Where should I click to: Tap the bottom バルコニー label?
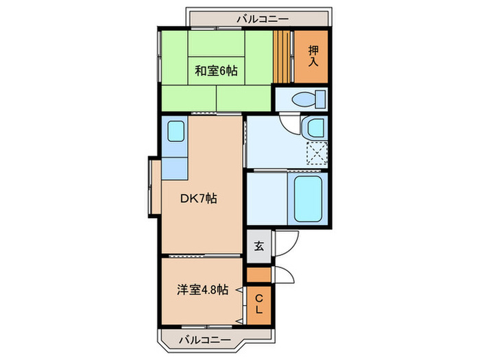204,339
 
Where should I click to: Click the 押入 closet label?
313,56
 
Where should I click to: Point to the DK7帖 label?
198,199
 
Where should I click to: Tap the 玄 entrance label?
259,245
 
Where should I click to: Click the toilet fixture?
307,99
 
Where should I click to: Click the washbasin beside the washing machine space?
315,128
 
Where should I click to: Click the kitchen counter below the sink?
176,167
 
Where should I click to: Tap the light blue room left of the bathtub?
265,199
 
